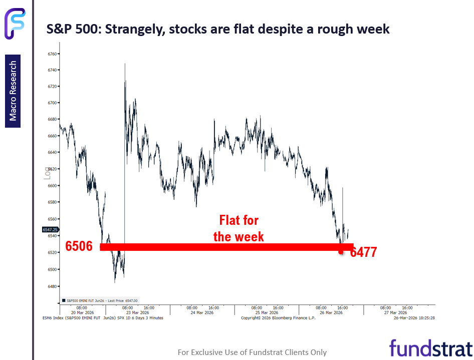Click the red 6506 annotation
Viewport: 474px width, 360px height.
coord(79,247)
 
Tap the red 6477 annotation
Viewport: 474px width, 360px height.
coord(363,252)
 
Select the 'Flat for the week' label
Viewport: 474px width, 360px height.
coord(239,228)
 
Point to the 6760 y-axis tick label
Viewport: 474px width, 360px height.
coord(53,54)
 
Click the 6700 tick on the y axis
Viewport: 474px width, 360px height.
coord(53,103)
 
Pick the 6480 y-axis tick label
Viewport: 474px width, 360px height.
coord(53,286)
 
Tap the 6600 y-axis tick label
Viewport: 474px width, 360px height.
coord(53,186)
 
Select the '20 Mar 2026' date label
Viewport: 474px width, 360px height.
coord(83,313)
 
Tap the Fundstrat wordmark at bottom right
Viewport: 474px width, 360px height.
coord(431,348)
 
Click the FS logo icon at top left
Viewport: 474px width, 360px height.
coord(15,23)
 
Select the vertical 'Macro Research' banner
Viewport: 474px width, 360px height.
coord(13,91)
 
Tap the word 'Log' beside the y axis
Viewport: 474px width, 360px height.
coord(48,173)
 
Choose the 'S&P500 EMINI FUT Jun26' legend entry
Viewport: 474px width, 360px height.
coord(100,300)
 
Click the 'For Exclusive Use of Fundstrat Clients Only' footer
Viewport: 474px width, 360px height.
coord(252,352)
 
